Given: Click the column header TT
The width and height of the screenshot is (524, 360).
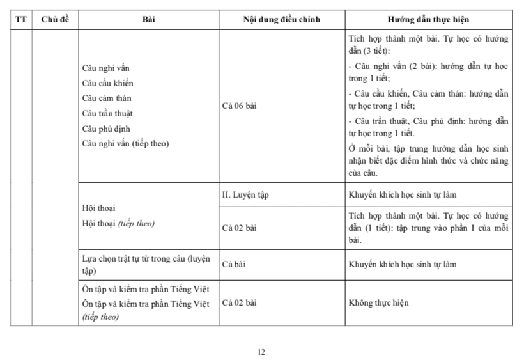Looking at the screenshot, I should [x=21, y=19].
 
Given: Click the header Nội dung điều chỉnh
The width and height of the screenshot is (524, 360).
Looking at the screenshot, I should [x=281, y=19].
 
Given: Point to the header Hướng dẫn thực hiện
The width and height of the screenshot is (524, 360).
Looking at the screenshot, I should [x=428, y=19].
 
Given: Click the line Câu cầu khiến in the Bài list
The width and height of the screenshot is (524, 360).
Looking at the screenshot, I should [x=108, y=82].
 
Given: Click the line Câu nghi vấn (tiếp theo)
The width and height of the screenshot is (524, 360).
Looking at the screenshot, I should [x=125, y=144].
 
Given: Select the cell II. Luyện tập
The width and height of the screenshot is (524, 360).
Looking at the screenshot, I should [x=245, y=194].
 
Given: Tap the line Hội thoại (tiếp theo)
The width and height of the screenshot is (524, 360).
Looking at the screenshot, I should [x=119, y=224].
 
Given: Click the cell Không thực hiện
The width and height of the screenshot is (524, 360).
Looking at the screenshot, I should [x=379, y=302].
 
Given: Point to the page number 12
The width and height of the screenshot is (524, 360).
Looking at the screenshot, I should [x=261, y=352].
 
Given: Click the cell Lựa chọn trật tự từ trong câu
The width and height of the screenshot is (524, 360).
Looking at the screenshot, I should [x=146, y=263].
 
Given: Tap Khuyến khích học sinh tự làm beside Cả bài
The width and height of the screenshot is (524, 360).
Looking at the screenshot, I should [x=402, y=263].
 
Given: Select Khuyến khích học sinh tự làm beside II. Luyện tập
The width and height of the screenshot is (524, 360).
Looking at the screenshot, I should [x=402, y=194].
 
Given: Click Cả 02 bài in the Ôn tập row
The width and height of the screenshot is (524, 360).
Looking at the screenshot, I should [x=240, y=302].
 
